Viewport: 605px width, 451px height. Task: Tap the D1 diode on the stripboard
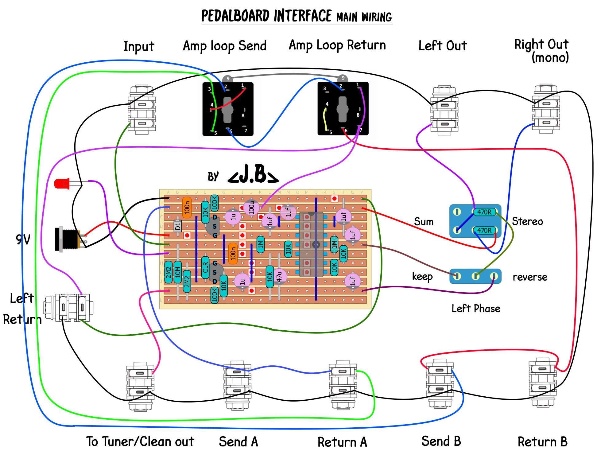(178, 226)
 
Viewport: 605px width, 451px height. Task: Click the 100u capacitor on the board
(251, 207)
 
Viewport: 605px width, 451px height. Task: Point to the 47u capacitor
(279, 276)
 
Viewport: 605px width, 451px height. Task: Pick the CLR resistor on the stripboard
(205, 267)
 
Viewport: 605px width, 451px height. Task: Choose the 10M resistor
(178, 272)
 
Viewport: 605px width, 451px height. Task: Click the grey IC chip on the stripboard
(311, 244)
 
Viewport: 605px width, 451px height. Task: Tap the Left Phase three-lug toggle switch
(475, 276)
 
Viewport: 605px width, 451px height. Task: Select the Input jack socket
(142, 110)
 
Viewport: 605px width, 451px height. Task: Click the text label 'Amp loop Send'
(225, 46)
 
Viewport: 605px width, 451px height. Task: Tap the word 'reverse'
(530, 277)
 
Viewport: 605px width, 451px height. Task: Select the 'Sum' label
(424, 222)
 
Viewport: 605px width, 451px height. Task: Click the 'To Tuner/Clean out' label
(140, 442)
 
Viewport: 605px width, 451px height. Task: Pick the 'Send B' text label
(441, 441)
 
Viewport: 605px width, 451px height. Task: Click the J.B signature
(253, 175)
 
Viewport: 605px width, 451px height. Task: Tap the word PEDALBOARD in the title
(235, 16)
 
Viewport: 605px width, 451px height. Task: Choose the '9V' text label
(23, 239)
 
